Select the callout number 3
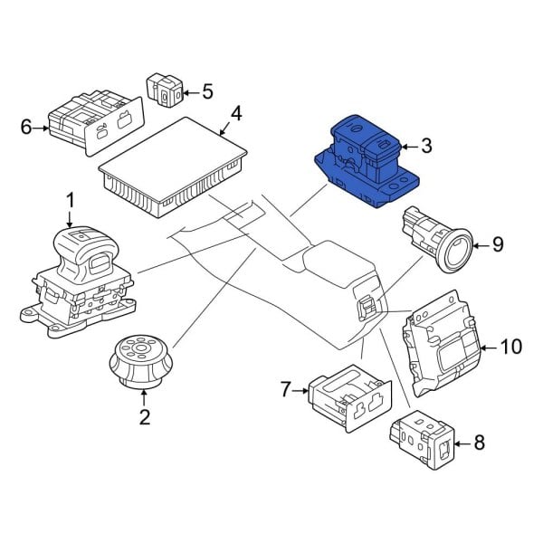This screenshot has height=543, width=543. [427, 146]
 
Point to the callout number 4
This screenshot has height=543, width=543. [235, 114]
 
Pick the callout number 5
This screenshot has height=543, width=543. [207, 90]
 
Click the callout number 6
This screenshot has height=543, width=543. [25, 129]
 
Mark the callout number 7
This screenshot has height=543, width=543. [286, 390]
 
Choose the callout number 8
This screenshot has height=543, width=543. [479, 443]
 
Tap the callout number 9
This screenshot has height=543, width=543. [496, 243]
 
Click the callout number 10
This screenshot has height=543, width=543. [511, 346]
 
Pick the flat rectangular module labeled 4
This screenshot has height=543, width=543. [176, 163]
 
